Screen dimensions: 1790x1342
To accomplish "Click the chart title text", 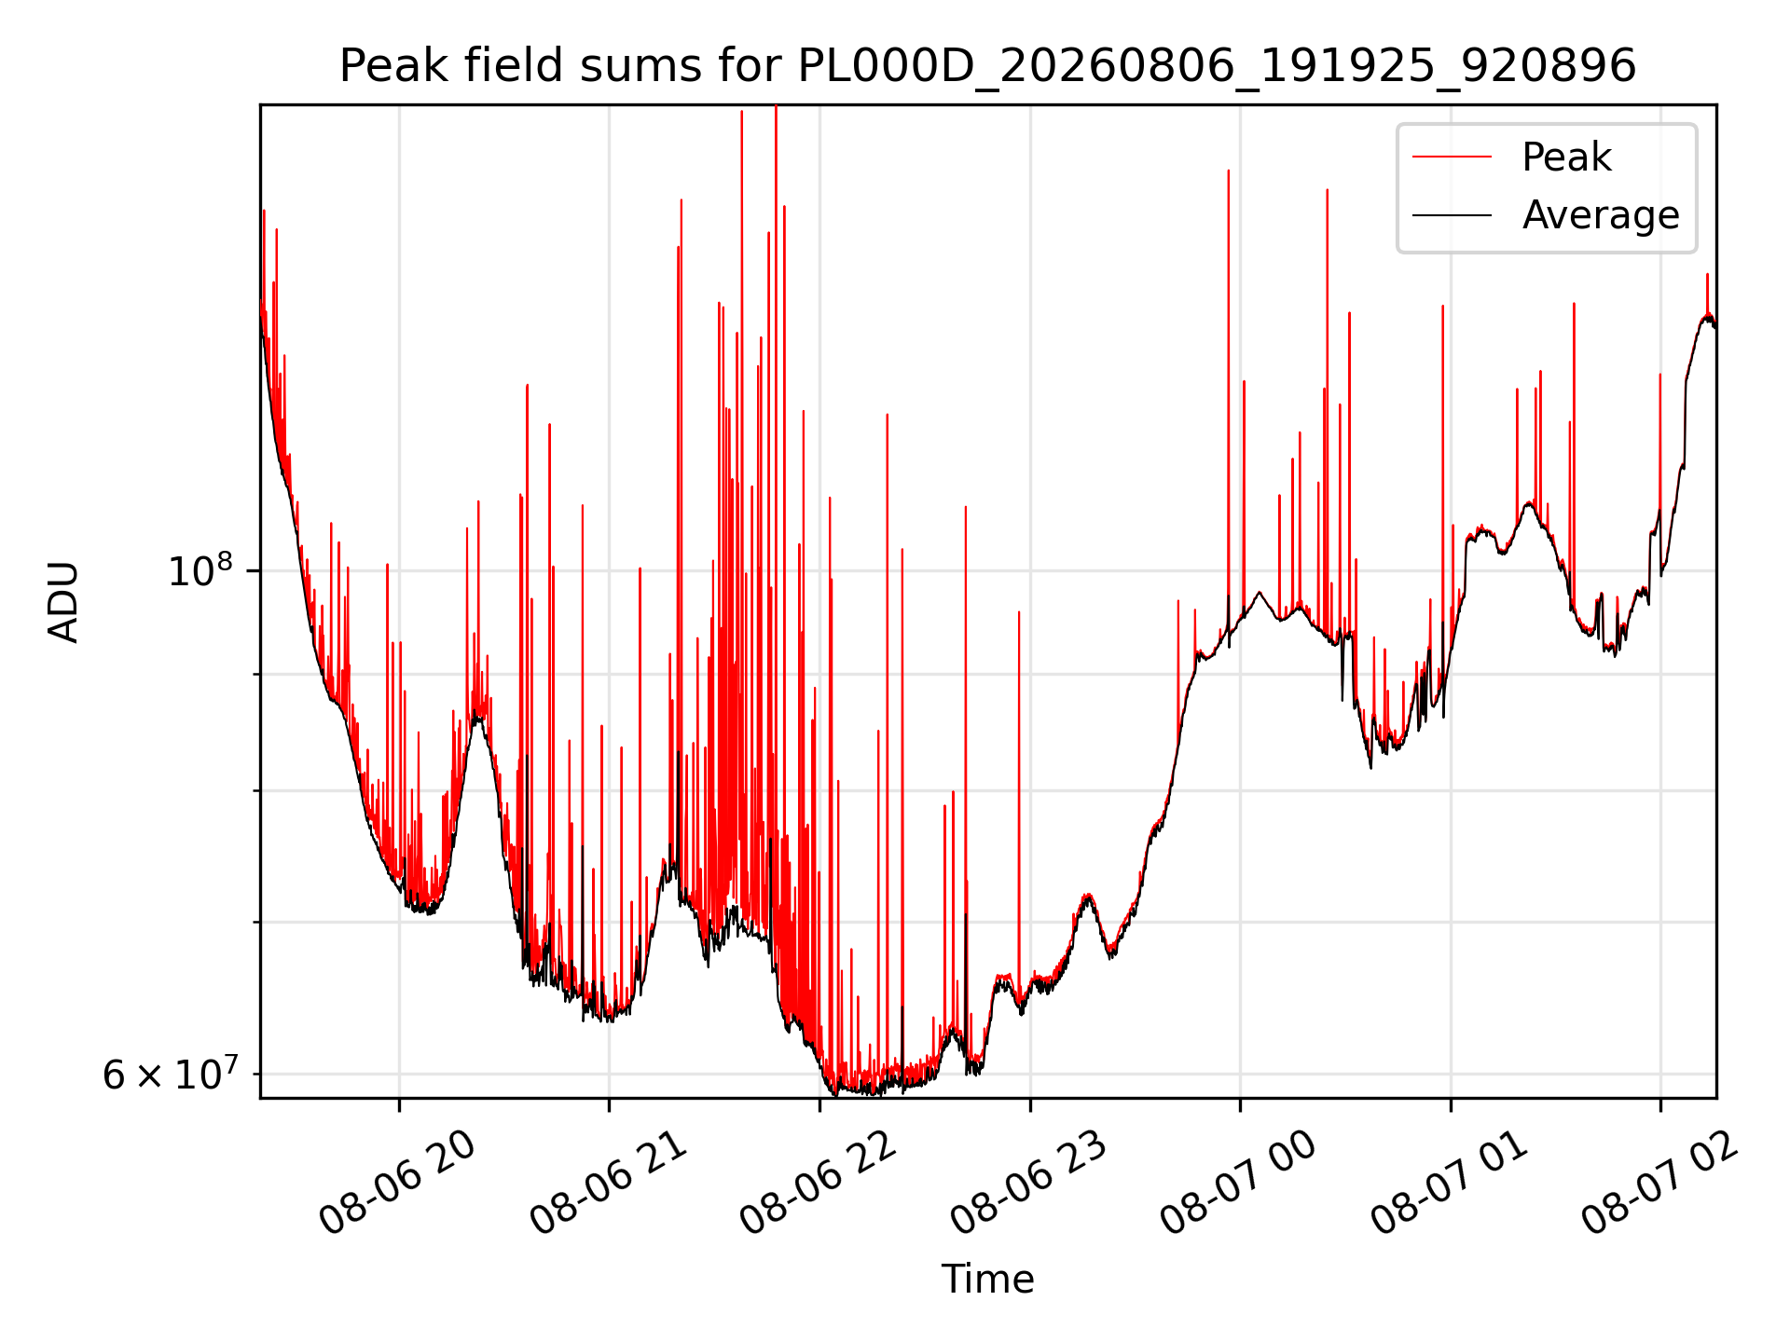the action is [x=987, y=66].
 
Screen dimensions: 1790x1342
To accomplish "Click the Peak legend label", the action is [x=1566, y=157].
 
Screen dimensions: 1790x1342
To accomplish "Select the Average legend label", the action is [x=1601, y=215].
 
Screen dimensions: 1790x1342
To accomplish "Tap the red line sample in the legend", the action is [x=1452, y=157].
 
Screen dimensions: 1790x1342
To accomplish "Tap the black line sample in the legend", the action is [x=1452, y=215].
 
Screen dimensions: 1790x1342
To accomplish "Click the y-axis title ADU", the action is [x=64, y=601].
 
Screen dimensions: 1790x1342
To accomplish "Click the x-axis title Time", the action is [x=987, y=1280].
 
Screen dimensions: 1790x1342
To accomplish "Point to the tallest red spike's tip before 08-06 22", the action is [x=776, y=106].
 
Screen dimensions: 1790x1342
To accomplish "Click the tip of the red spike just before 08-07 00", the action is [x=1229, y=171].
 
